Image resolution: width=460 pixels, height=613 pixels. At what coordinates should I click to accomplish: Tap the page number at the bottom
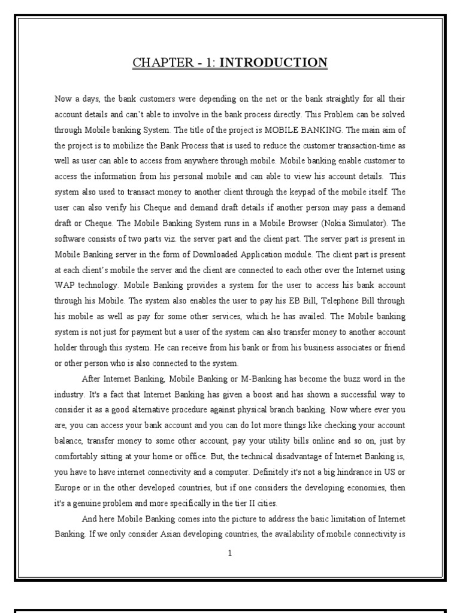click(x=229, y=553)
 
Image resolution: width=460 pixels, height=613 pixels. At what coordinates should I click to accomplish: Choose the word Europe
click(x=66, y=488)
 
